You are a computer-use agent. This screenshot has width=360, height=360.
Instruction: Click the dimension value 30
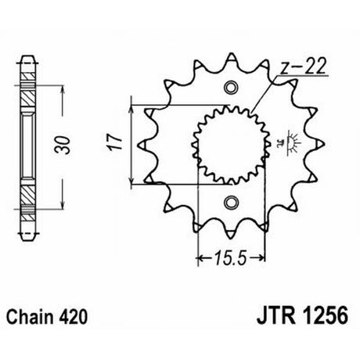click(x=63, y=145)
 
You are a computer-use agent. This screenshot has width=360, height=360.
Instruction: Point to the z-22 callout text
click(x=303, y=66)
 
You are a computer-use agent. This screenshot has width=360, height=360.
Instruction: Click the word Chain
click(x=31, y=317)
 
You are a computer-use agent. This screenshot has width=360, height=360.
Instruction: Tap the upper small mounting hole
click(x=231, y=87)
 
